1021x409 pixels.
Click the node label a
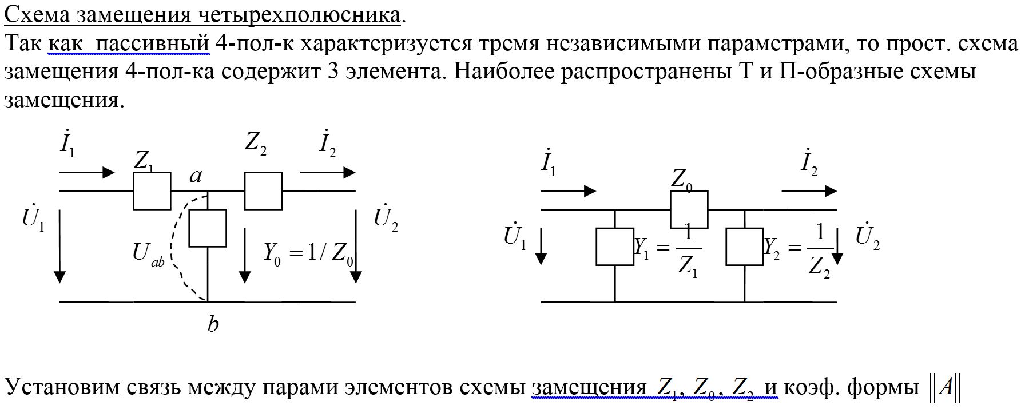[196, 176]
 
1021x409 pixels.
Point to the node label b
[213, 324]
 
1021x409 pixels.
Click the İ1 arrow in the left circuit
[87, 172]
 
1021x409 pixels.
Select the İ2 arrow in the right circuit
[809, 191]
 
